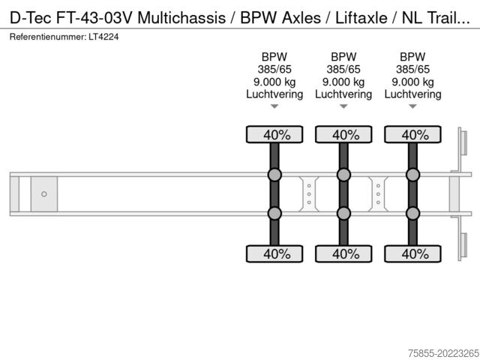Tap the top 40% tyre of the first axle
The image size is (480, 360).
click(274, 135)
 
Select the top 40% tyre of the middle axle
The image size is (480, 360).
click(343, 135)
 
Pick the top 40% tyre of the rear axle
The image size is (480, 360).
click(412, 135)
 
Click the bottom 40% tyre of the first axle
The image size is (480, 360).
click(274, 253)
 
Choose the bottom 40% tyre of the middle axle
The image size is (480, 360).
click(343, 253)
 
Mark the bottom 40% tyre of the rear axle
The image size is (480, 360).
click(412, 253)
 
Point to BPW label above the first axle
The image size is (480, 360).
click(274, 57)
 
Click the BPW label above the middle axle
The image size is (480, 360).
click(343, 57)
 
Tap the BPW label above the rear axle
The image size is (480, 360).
click(412, 57)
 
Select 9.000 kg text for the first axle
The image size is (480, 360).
click(274, 82)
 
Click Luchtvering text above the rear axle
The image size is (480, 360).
click(412, 94)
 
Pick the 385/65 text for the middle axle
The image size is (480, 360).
click(343, 69)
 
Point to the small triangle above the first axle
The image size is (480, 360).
click(274, 107)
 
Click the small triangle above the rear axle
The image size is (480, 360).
click(412, 107)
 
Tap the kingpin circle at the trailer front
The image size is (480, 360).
click(43, 194)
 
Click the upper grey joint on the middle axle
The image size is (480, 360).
click(343, 175)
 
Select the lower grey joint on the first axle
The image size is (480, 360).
click(274, 213)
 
